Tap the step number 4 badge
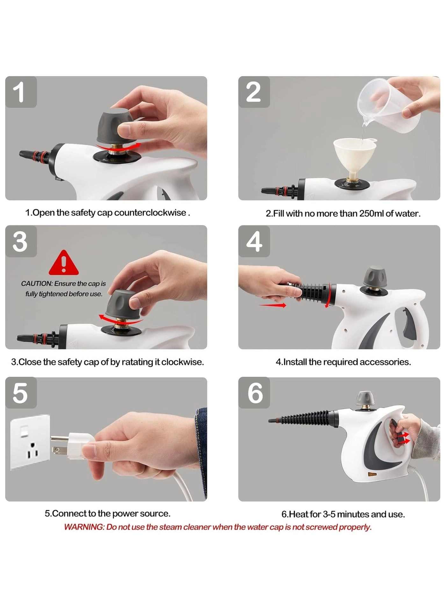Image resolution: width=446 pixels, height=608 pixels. click(254, 241)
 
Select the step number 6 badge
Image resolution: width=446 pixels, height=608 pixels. click(254, 393)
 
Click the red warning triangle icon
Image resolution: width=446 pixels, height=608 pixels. click(64, 263)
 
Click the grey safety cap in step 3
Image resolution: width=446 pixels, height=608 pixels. click(122, 304)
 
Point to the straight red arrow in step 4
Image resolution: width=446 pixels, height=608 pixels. click(273, 305)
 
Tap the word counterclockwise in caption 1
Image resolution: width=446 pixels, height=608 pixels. click(150, 213)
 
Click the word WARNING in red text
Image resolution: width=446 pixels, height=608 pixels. click(84, 527)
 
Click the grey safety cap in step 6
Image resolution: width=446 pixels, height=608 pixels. click(365, 398)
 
